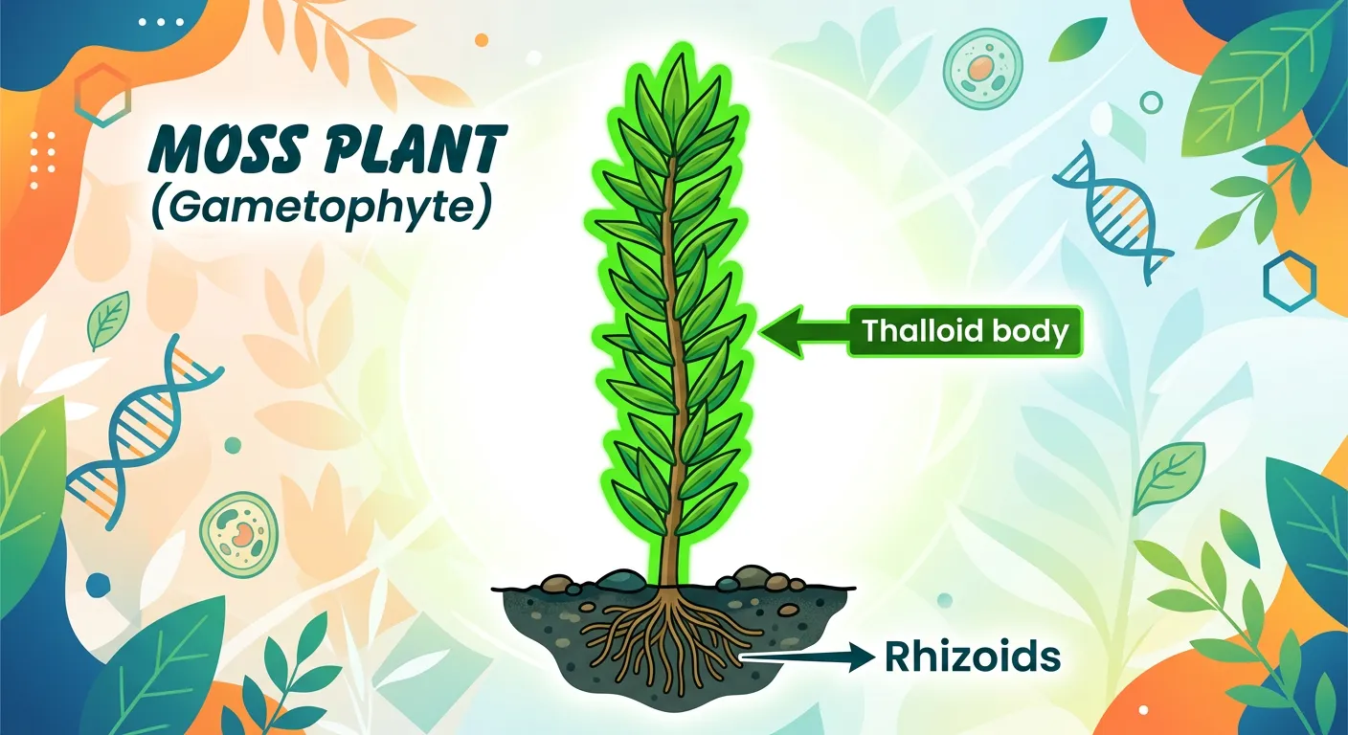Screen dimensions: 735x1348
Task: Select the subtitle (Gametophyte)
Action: [322, 209]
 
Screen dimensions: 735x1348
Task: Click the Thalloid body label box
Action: [964, 332]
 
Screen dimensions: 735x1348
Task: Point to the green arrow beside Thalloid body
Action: [802, 332]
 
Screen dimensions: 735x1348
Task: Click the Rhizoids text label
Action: [973, 657]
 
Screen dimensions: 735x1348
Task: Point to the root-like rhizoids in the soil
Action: [670, 641]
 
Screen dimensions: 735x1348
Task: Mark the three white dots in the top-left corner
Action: [160, 21]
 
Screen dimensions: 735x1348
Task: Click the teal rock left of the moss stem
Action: [619, 579]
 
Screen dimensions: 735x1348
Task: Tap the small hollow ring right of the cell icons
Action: [1152, 103]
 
